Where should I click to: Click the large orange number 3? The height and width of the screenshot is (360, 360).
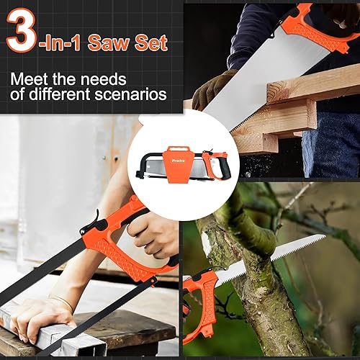point(22,30)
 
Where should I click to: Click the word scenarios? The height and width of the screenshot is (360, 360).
point(130,94)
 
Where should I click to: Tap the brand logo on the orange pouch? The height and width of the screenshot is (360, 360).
point(179,161)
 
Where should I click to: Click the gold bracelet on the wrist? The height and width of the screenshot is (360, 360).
point(65,304)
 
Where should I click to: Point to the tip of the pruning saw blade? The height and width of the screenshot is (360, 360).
point(325,236)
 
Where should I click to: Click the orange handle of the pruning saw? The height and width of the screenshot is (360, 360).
point(200,305)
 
